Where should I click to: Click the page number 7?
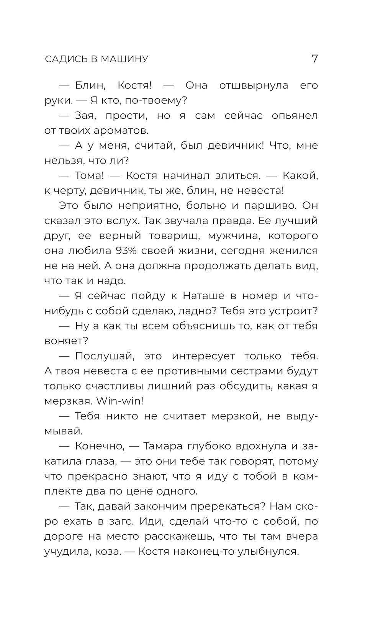point(314,59)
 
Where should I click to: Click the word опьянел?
point(295,116)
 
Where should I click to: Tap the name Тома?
point(90,176)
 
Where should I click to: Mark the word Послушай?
point(105,356)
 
